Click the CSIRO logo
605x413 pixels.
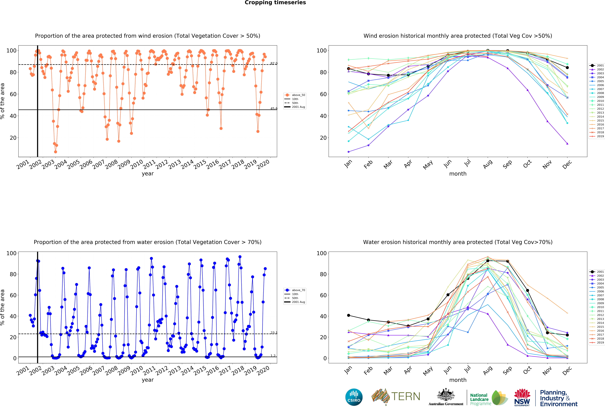pyautogui.click(x=354, y=397)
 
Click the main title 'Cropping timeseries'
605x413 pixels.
pyautogui.click(x=275, y=3)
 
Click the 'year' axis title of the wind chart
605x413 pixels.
pyautogui.click(x=148, y=174)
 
